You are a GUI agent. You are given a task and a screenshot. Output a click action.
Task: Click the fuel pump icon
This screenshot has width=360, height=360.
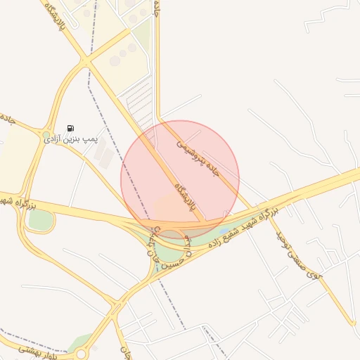(70, 128)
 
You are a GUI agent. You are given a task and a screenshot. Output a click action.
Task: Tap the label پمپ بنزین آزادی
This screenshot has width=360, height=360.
(69, 140)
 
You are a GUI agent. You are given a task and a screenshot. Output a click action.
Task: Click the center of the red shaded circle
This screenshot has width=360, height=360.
(180, 179)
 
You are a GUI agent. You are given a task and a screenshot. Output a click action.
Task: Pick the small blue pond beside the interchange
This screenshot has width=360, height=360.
(224, 230)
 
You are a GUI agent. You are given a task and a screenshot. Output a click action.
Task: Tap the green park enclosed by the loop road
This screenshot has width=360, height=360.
(40, 219)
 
